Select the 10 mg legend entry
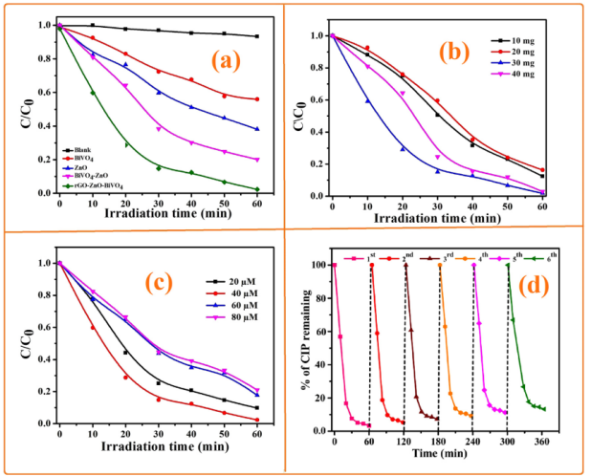click(x=531, y=41)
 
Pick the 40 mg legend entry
click(x=531, y=76)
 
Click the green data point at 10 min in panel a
click(x=93, y=93)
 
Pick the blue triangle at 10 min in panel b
click(x=365, y=100)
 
